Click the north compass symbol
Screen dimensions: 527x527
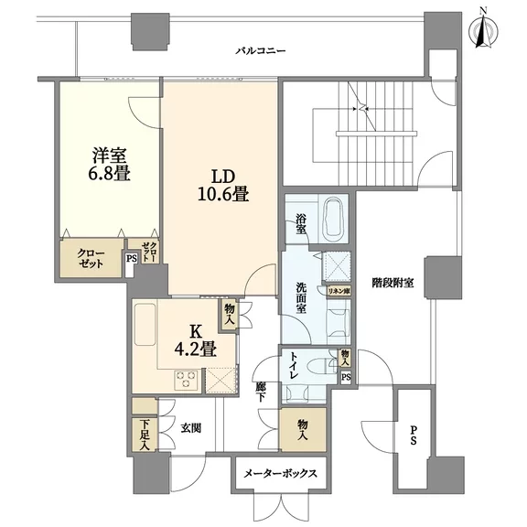click(483, 32)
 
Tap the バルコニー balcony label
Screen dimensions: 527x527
click(261, 51)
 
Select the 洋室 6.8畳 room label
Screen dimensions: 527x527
click(109, 165)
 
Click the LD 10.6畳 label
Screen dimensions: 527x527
click(223, 185)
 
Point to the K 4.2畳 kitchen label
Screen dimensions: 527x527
click(195, 341)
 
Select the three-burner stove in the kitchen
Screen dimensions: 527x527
click(187, 380)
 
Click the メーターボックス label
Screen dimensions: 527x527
click(280, 474)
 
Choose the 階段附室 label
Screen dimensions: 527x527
click(393, 283)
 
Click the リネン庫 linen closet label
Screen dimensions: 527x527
click(339, 291)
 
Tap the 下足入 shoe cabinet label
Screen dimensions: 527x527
click(145, 435)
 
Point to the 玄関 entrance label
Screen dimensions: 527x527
click(191, 428)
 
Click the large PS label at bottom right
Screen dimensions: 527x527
click(413, 436)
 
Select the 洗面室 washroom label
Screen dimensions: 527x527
click(301, 297)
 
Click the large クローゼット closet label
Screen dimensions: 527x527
click(91, 258)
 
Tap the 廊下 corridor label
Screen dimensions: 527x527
click(260, 393)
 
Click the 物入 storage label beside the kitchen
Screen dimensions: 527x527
click(230, 314)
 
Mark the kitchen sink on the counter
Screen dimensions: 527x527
click(145, 324)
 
